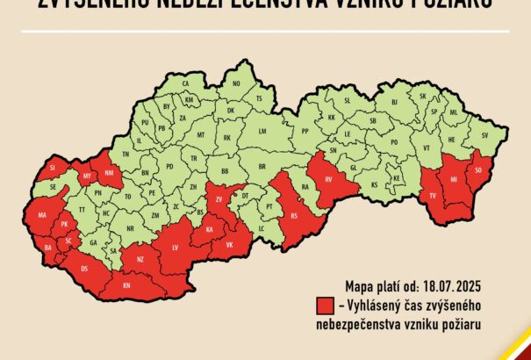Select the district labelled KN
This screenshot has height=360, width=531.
coord(126,286)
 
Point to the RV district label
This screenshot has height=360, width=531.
coord(329,180)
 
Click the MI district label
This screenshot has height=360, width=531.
coord(453,180)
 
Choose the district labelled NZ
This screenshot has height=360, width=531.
coord(140,260)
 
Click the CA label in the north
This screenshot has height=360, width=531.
coord(186,83)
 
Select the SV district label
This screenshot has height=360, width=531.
coord(484,135)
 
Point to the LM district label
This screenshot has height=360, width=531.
coord(262,130)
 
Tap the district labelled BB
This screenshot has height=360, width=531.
coord(225,170)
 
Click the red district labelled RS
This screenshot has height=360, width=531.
coord(294,215)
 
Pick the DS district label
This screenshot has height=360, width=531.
coord(84,268)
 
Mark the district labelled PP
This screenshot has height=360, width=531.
coord(305,131)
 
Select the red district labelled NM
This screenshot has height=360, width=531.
coord(110,173)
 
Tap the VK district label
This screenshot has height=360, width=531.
coord(230,244)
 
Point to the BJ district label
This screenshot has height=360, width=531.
coord(394,102)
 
